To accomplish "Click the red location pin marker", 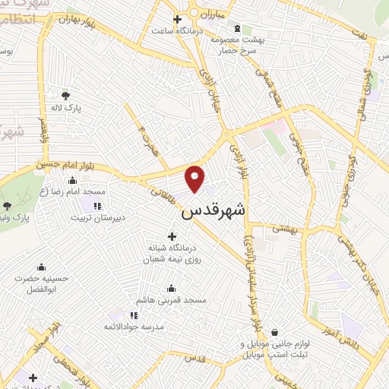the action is (x=195, y=179).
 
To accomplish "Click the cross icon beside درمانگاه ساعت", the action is (x=177, y=19).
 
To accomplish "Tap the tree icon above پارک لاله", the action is (x=65, y=96).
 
